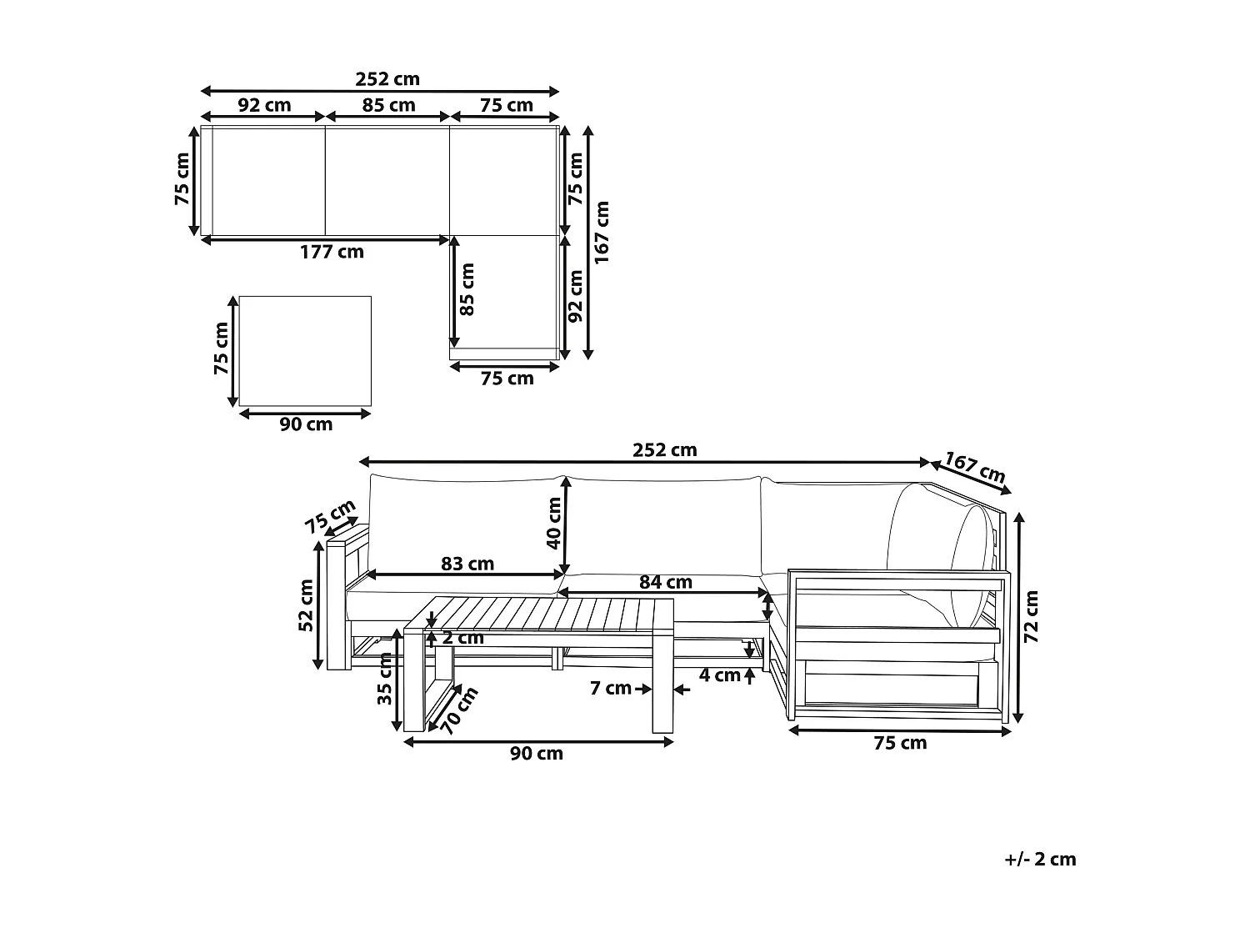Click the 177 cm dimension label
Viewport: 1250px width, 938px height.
click(x=332, y=252)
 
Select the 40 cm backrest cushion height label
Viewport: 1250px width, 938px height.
click(x=553, y=523)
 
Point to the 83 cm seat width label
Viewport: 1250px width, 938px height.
click(x=467, y=564)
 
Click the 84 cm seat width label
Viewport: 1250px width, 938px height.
click(x=666, y=582)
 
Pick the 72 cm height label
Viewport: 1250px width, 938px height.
click(x=1032, y=617)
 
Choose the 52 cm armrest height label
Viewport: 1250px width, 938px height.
click(x=306, y=605)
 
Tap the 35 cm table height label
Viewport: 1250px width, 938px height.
click(x=385, y=679)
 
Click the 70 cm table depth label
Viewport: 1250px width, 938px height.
click(x=459, y=710)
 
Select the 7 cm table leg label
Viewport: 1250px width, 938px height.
click(x=611, y=689)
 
